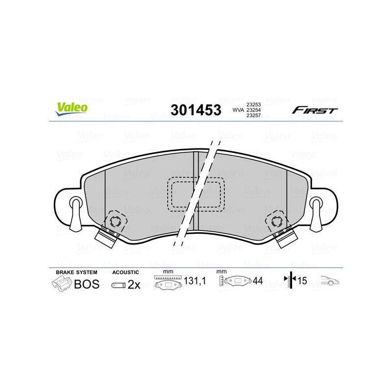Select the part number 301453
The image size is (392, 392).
196,110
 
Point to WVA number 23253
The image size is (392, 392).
253,104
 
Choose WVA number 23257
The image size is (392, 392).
253,116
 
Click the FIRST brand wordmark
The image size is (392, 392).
315,110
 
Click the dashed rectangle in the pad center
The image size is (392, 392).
196,194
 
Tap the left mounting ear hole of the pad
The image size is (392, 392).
75,203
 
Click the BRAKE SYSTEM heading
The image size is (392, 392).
76,272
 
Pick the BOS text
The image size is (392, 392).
86,284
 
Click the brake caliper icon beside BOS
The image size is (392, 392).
61,284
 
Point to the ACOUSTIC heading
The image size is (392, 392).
125,272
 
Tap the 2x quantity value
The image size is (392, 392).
134,285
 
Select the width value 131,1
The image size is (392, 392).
194,281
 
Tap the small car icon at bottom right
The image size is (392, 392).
330,281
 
